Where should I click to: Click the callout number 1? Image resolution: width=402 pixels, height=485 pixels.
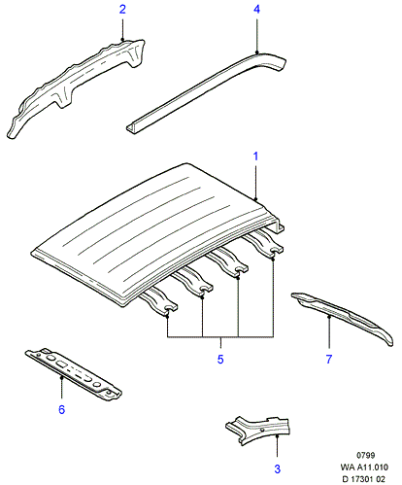point(255,156)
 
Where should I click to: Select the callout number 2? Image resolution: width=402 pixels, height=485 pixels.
point(122,9)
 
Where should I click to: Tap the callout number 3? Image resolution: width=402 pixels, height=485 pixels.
point(278,468)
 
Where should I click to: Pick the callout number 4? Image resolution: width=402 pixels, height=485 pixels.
point(256,9)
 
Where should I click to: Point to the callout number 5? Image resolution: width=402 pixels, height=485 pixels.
point(220,359)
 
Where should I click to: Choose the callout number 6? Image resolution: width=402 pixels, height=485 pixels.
point(61,409)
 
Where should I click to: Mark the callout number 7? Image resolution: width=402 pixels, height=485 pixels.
point(329,359)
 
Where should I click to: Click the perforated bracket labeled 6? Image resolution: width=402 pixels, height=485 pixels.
point(74,374)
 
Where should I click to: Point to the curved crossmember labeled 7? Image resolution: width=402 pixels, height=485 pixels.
point(343,318)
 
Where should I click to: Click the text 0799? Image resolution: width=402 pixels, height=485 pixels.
point(366,455)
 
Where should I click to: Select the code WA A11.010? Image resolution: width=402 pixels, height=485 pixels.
point(364,468)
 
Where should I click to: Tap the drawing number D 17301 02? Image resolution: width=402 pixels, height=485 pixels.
point(364,479)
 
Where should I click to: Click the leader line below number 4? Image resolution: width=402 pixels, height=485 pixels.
point(256,36)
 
